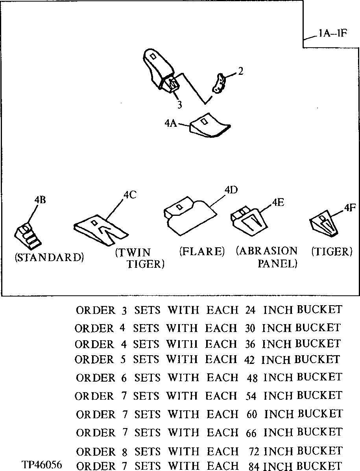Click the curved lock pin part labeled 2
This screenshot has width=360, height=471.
tap(219, 83)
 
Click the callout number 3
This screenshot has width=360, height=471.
tap(179, 105)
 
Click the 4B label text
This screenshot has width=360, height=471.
tap(40, 200)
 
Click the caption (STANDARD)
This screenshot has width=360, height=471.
tap(49, 258)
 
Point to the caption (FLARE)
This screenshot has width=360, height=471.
tap(202, 251)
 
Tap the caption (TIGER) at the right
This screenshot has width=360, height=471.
tap(332, 251)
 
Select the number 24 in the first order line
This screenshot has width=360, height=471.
tap(251, 310)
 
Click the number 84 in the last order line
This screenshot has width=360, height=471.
tap(255, 466)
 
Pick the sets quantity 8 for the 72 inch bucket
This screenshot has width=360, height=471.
tap(124, 451)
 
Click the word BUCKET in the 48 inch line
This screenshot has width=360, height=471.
tap(319, 377)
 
